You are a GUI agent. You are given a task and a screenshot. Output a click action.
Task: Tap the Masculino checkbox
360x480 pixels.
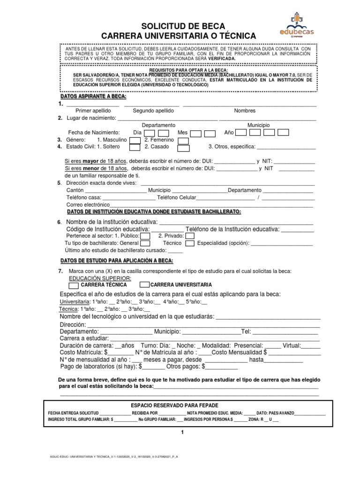(x=135, y=140)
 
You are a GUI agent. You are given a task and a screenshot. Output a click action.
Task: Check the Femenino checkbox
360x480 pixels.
(x=184, y=140)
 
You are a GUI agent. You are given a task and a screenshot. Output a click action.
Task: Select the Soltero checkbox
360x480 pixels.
(x=135, y=147)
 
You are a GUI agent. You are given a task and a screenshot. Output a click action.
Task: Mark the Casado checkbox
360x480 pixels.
(x=184, y=147)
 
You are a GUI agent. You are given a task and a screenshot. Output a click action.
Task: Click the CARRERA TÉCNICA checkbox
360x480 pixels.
(x=74, y=285)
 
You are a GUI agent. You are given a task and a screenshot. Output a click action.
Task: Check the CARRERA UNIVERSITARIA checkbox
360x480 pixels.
(x=144, y=285)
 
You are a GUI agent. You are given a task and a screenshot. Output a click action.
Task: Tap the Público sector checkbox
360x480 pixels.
(x=145, y=236)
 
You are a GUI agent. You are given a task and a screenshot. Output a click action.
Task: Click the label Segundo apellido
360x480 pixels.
(x=153, y=111)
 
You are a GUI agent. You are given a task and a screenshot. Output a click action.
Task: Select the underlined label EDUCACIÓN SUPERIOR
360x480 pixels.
(x=97, y=278)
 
